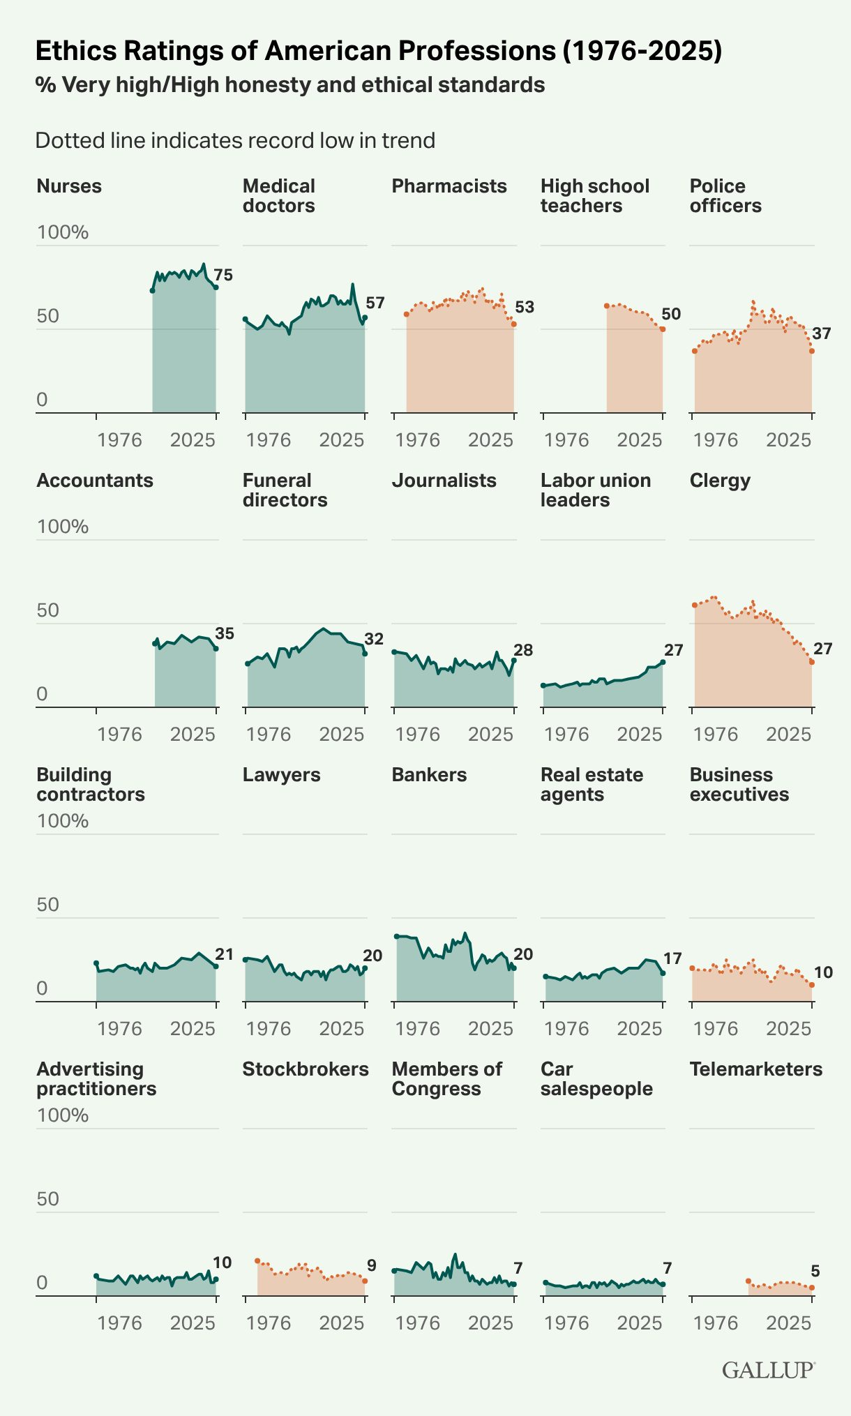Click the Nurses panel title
coord(69,186)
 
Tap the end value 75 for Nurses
coord(223,276)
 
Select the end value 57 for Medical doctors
coord(375,303)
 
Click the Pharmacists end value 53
coord(525,307)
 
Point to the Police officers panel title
coord(725,196)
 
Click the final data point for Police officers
coord(812,351)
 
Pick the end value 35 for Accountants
coord(225,634)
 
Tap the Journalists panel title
coord(444,481)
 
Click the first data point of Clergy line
coord(695,605)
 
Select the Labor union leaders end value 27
coord(673,650)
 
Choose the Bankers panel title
coord(429,775)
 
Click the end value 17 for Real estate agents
coord(672,958)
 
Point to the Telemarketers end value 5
coord(815,1272)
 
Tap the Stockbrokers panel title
coord(306,1069)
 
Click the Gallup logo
coord(768,1371)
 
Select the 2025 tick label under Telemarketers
coord(789,1323)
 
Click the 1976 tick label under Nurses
coord(119,440)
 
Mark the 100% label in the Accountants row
coord(63,527)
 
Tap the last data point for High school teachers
coord(663,329)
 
